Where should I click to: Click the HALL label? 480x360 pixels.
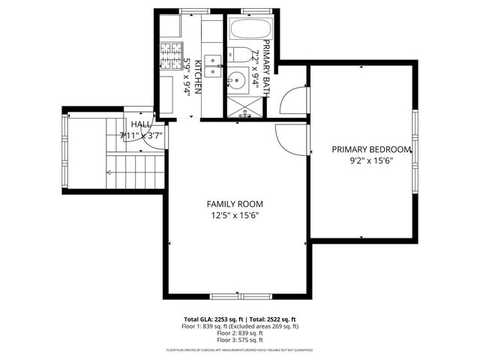pos(140,124)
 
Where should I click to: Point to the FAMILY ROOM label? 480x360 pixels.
pos(235,204)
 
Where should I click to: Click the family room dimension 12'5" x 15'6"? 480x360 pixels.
pos(235,216)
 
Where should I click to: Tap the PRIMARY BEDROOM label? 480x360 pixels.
pos(372,149)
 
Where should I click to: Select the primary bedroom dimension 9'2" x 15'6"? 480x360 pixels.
pos(372,160)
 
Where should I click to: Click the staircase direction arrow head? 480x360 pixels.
pos(109,172)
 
